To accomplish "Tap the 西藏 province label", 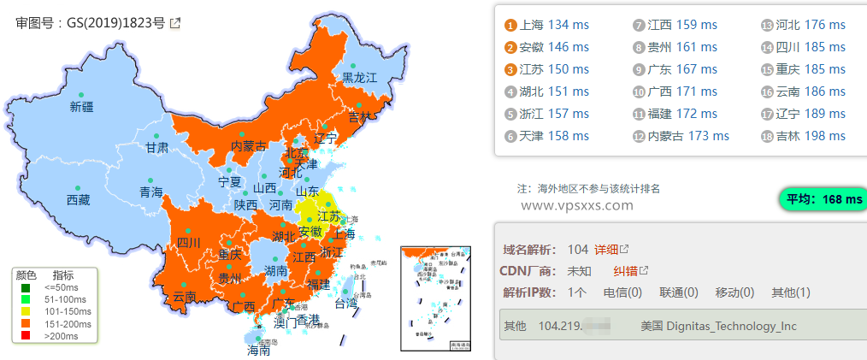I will click(x=78, y=200).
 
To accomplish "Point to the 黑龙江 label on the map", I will click(x=359, y=78).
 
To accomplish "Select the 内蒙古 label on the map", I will click(x=249, y=147).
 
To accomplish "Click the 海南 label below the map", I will click(x=258, y=350).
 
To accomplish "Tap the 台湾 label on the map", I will click(x=345, y=303).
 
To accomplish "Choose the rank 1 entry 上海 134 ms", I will click(x=546, y=25).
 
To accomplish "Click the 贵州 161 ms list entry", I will click(x=675, y=47).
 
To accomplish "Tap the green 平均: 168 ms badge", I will click(x=823, y=199).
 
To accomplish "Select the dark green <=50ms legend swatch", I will click(x=27, y=287).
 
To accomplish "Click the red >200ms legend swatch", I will click(x=27, y=335).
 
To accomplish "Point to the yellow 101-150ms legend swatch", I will click(x=27, y=311).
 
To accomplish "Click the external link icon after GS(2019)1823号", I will click(x=175, y=24).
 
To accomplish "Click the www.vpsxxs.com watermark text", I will click(x=576, y=205).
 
